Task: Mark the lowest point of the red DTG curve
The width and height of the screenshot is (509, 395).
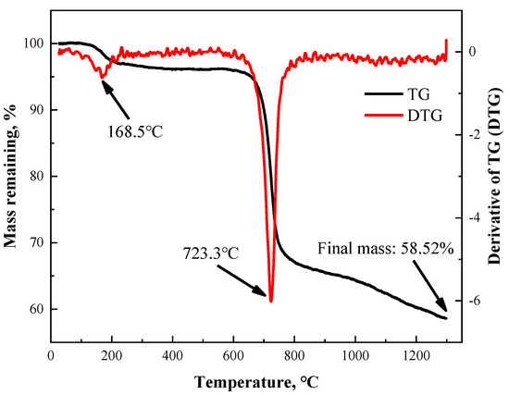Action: [270, 301]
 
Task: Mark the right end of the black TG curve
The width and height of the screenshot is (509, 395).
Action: [446, 318]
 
